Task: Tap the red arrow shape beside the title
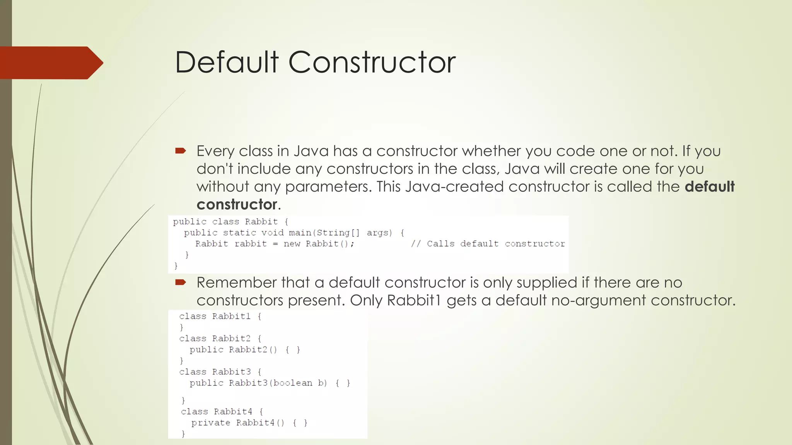pos(50,63)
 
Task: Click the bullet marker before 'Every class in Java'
pos(181,151)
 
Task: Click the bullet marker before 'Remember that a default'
pos(181,282)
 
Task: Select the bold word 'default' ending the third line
pos(709,187)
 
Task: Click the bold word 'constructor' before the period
pos(237,204)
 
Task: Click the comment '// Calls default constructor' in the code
pos(488,244)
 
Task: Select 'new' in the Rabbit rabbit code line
pos(292,244)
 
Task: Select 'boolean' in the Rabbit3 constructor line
pos(292,383)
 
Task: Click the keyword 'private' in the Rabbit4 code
pos(210,423)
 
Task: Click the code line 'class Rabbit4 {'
pos(222,411)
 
